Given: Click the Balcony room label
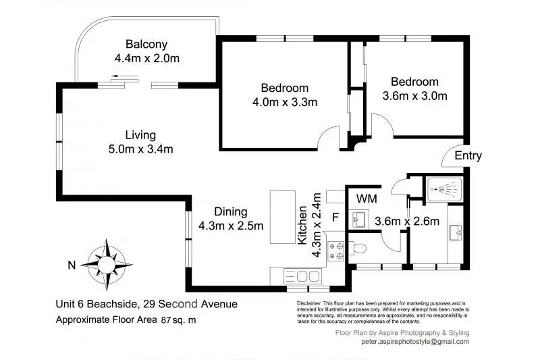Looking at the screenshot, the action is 146,45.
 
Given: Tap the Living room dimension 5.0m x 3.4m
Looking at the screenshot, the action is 140,149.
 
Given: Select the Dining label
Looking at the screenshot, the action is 231,211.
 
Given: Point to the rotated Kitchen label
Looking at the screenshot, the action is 302,225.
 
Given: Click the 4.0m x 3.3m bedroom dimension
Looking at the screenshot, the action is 285,102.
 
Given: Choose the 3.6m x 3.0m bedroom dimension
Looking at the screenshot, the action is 414,96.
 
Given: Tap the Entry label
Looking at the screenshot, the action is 468,156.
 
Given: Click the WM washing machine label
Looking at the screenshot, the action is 367,199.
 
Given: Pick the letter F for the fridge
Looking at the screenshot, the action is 335,217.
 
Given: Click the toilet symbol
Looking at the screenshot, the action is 358,248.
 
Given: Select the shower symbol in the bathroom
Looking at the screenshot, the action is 444,189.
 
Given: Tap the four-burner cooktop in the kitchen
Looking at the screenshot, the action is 335,251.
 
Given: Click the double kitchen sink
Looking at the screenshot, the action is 302,276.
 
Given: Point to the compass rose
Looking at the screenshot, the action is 107,265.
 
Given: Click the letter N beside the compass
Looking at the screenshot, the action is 72,265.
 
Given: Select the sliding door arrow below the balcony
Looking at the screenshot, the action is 125,76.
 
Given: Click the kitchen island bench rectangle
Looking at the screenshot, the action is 283,217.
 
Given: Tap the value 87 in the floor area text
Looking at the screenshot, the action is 166,320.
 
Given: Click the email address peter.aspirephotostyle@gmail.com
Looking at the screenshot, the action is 415,342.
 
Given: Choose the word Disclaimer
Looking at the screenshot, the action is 309,303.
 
